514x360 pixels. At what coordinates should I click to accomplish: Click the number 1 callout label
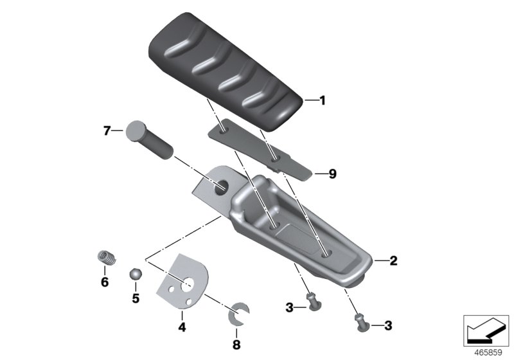tap(323, 100)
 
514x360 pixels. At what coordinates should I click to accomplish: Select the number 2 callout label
tap(393, 261)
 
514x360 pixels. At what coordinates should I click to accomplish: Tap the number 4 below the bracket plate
tap(182, 327)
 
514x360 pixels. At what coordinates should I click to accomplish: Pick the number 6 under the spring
tap(105, 282)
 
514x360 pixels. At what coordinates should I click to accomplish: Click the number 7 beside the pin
tap(107, 130)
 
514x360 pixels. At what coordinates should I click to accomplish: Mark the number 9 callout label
tap(332, 174)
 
